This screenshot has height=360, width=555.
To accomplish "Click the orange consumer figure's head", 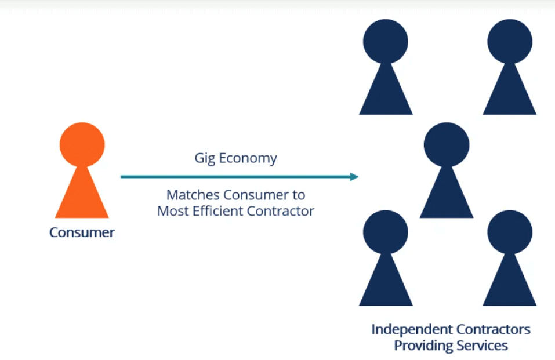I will click(x=82, y=144).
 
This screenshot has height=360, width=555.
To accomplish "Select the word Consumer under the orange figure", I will click(x=82, y=232).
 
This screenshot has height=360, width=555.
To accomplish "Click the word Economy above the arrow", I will click(x=248, y=158).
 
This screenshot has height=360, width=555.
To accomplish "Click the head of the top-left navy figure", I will click(x=385, y=41).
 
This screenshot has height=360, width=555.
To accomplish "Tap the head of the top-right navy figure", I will click(x=509, y=41).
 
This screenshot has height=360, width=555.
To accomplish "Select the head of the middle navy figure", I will click(x=446, y=144).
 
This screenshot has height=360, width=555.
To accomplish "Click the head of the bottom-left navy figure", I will click(x=385, y=232).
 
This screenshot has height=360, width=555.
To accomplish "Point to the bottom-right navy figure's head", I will click(x=509, y=232).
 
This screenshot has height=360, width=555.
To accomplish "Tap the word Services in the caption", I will click(x=481, y=346).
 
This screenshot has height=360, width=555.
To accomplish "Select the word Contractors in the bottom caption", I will click(x=494, y=329).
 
